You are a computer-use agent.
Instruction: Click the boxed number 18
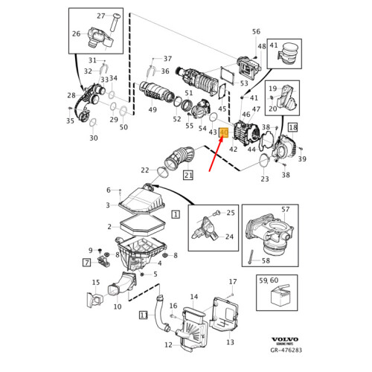pyautogui.click(x=292, y=128)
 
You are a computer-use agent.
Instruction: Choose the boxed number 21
pyautogui.click(x=188, y=176)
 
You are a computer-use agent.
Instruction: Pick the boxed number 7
pyautogui.click(x=86, y=262)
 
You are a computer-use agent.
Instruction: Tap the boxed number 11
pyautogui.click(x=144, y=315)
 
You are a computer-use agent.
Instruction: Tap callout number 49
pyautogui.click(x=153, y=110)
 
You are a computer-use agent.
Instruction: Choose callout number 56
pyautogui.click(x=256, y=31)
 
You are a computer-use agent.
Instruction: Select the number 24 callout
pyautogui.click(x=229, y=237)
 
